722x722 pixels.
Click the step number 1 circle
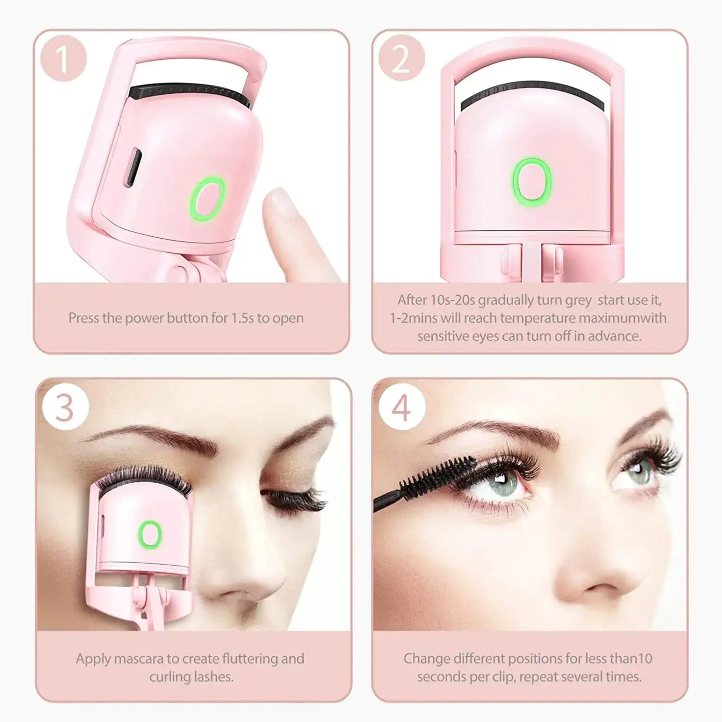pyautogui.click(x=63, y=58)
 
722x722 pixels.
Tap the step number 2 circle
pyautogui.click(x=401, y=58)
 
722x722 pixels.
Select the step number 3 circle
pyautogui.click(x=65, y=407)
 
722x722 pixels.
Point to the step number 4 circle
pyautogui.click(x=402, y=407)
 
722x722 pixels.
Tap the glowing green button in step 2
pyautogui.click(x=532, y=182)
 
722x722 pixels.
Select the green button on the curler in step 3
pyautogui.click(x=150, y=534)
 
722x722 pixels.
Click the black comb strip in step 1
pyautogui.click(x=190, y=92)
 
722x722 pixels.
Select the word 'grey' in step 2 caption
pyautogui.click(x=578, y=300)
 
